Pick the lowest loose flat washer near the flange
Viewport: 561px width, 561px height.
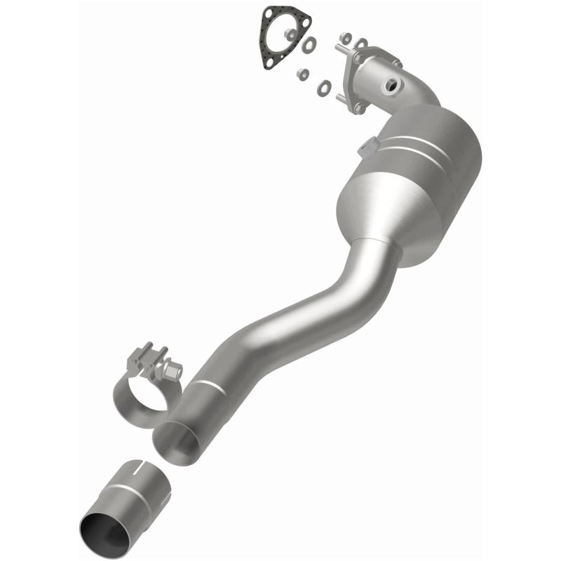pyautogui.click(x=325, y=88)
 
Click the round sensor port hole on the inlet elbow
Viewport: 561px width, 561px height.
pyautogui.click(x=389, y=86)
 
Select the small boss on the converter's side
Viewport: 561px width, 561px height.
pyautogui.click(x=366, y=148)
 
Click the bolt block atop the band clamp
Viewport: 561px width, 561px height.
pyautogui.click(x=149, y=357)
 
